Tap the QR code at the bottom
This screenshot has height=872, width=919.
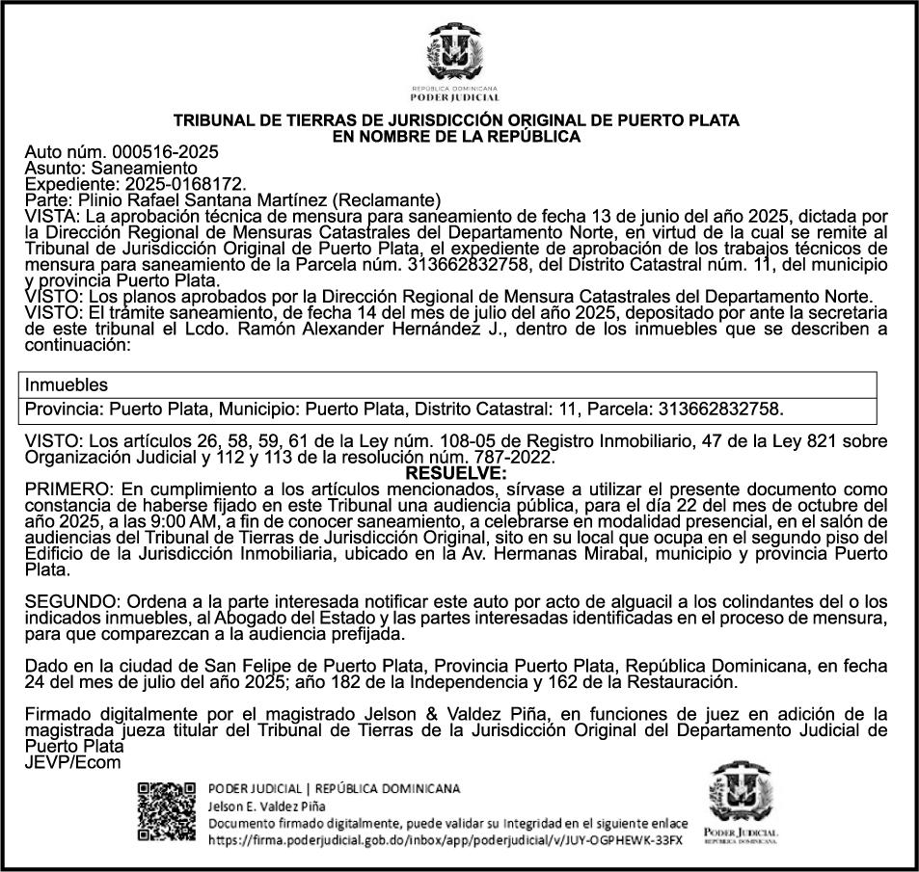coord(167,811)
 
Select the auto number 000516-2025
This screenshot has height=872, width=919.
coord(165,152)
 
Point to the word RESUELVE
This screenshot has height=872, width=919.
coord(455,473)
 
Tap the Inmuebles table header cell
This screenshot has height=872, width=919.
coord(67,385)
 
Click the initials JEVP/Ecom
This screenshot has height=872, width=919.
coord(73,761)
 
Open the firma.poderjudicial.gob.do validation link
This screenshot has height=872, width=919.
coord(445,839)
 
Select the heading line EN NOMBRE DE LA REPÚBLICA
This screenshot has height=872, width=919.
coord(455,137)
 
